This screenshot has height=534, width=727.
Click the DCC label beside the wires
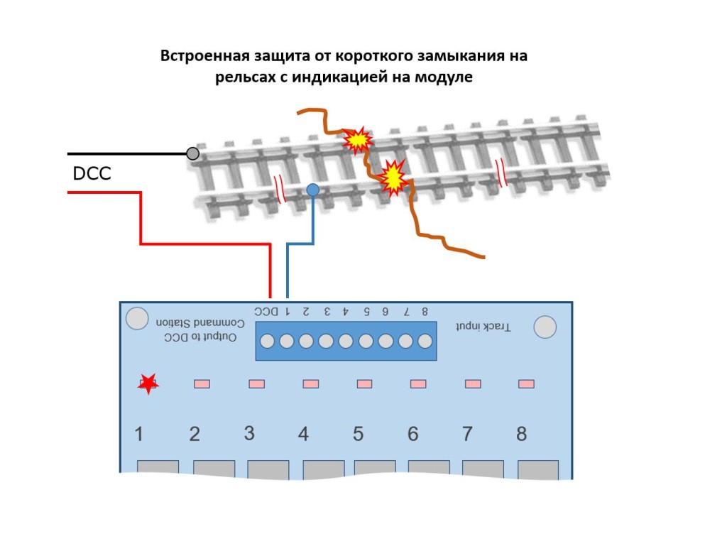[92, 173]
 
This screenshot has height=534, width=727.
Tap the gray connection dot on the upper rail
[192, 153]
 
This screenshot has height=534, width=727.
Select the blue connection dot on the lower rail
[312, 190]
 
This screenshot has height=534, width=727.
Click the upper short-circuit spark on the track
[357, 141]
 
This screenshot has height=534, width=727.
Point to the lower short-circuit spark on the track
[392, 179]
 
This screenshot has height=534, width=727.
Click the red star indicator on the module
[148, 383]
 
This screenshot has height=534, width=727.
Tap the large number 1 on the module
[139, 433]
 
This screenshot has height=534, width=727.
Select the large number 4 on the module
[303, 433]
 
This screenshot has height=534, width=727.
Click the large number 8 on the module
[521, 433]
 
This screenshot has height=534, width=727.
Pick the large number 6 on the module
[412, 433]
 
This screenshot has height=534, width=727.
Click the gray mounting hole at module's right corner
[545, 327]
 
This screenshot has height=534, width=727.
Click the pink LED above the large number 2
[202, 383]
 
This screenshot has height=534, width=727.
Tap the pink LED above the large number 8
[526, 383]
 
